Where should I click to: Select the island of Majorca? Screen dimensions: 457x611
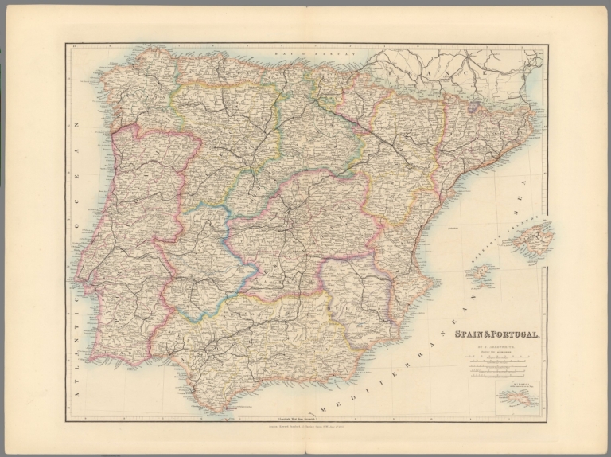[537, 234]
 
